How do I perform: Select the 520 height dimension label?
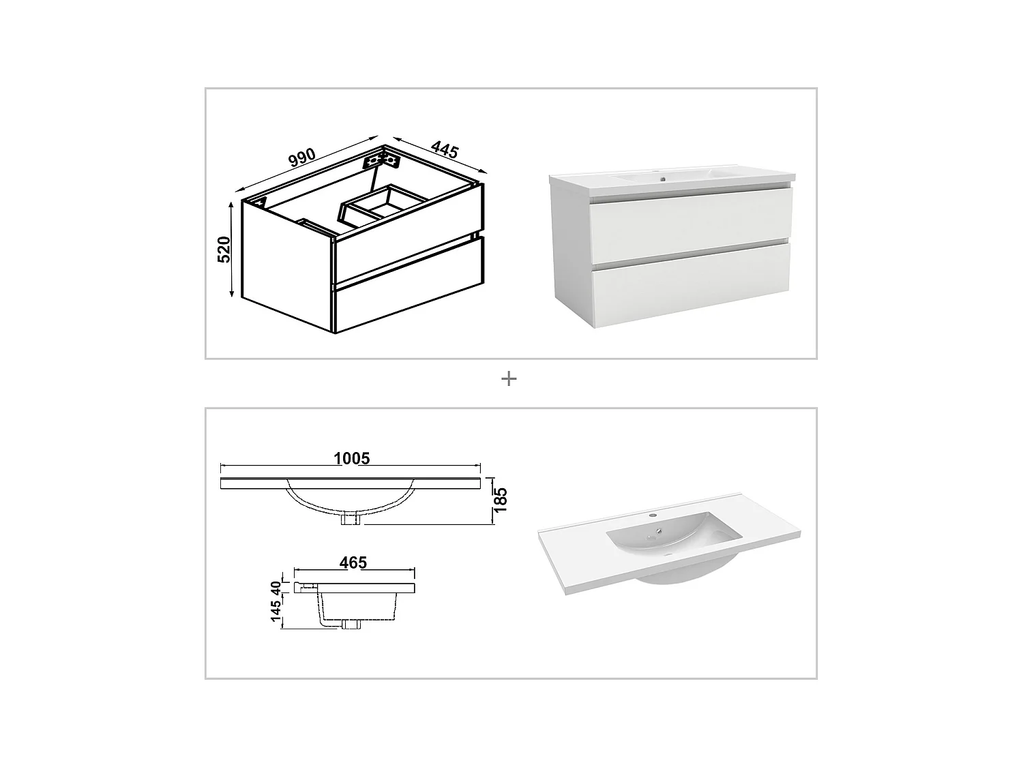click(x=224, y=250)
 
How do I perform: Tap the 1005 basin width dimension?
click(x=352, y=458)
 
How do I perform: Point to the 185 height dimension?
click(x=501, y=501)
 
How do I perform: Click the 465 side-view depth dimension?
click(x=353, y=562)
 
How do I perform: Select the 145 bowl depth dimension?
click(x=277, y=612)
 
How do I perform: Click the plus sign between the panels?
click(x=509, y=379)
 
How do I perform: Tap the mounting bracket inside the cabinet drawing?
click(x=381, y=161)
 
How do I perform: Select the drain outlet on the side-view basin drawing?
click(x=353, y=624)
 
